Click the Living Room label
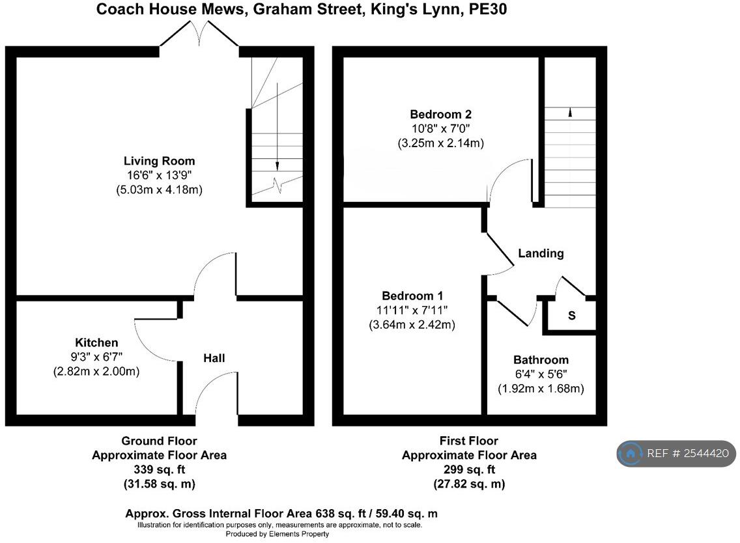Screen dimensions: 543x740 [x=159, y=161]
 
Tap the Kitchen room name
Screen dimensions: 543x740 [x=96, y=342]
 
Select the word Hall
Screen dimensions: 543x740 [x=214, y=358]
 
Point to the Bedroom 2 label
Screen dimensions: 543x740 [x=440, y=114]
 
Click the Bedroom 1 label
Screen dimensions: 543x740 [x=413, y=295]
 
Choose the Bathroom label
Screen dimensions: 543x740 [x=541, y=359]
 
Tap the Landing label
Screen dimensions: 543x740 [x=541, y=253]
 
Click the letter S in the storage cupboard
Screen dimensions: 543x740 [x=572, y=316]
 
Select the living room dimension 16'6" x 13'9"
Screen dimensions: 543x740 [x=159, y=175]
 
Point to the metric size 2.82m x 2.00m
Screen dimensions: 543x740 [x=96, y=372]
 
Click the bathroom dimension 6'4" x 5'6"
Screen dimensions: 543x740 [x=541, y=374]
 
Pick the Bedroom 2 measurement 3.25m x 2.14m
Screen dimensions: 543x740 [x=440, y=143]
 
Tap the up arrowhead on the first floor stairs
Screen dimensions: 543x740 [x=571, y=113]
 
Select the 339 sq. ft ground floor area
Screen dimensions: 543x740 [x=159, y=469]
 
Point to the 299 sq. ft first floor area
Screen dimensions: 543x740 [x=469, y=469]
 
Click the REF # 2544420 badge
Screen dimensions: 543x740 [x=677, y=454]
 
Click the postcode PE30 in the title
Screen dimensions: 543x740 [x=489, y=9]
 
